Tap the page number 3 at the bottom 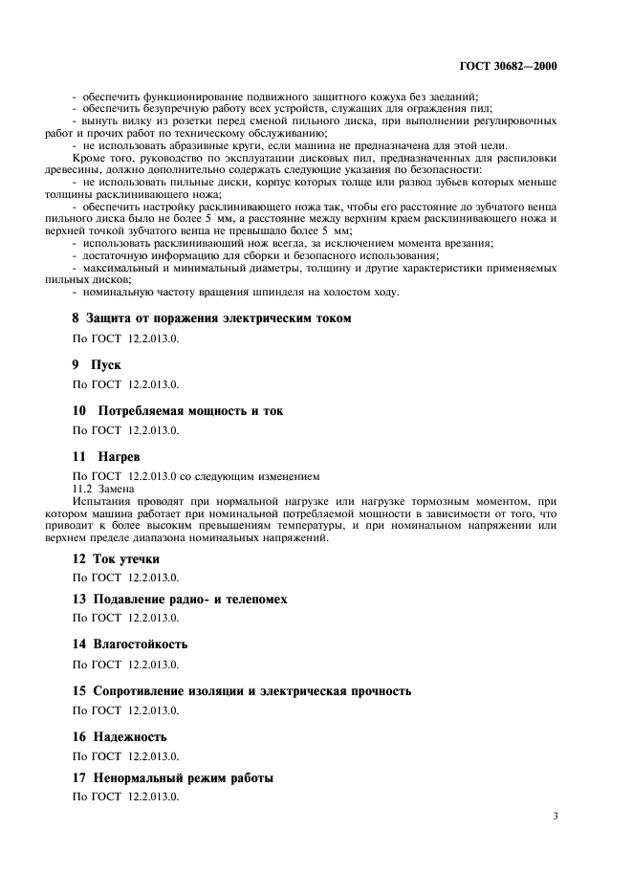[x=556, y=817]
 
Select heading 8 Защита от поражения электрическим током [x=212, y=317]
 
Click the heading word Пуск [x=106, y=364]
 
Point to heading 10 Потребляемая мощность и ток [x=178, y=410]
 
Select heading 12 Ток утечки [x=117, y=558]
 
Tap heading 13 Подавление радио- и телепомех [x=180, y=600]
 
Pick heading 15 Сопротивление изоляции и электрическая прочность [x=242, y=690]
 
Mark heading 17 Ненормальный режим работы [x=173, y=778]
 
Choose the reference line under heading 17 [x=126, y=797]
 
